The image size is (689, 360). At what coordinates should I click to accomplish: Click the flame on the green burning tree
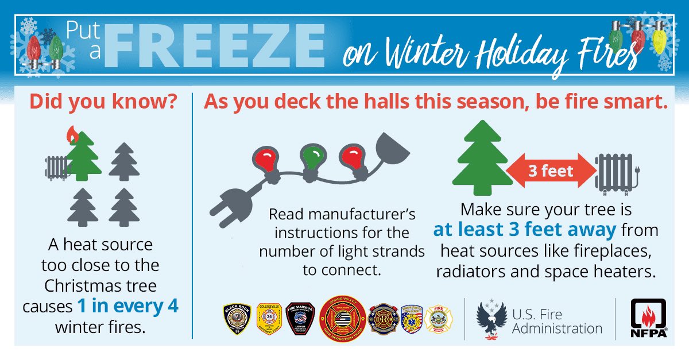[x=73, y=136]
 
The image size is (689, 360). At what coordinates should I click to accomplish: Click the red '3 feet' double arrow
[x=549, y=171]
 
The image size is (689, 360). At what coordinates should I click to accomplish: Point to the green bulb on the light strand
[x=310, y=157]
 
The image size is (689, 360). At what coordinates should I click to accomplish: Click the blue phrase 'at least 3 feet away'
[x=525, y=230]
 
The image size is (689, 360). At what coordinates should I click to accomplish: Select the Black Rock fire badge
[x=236, y=319]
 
